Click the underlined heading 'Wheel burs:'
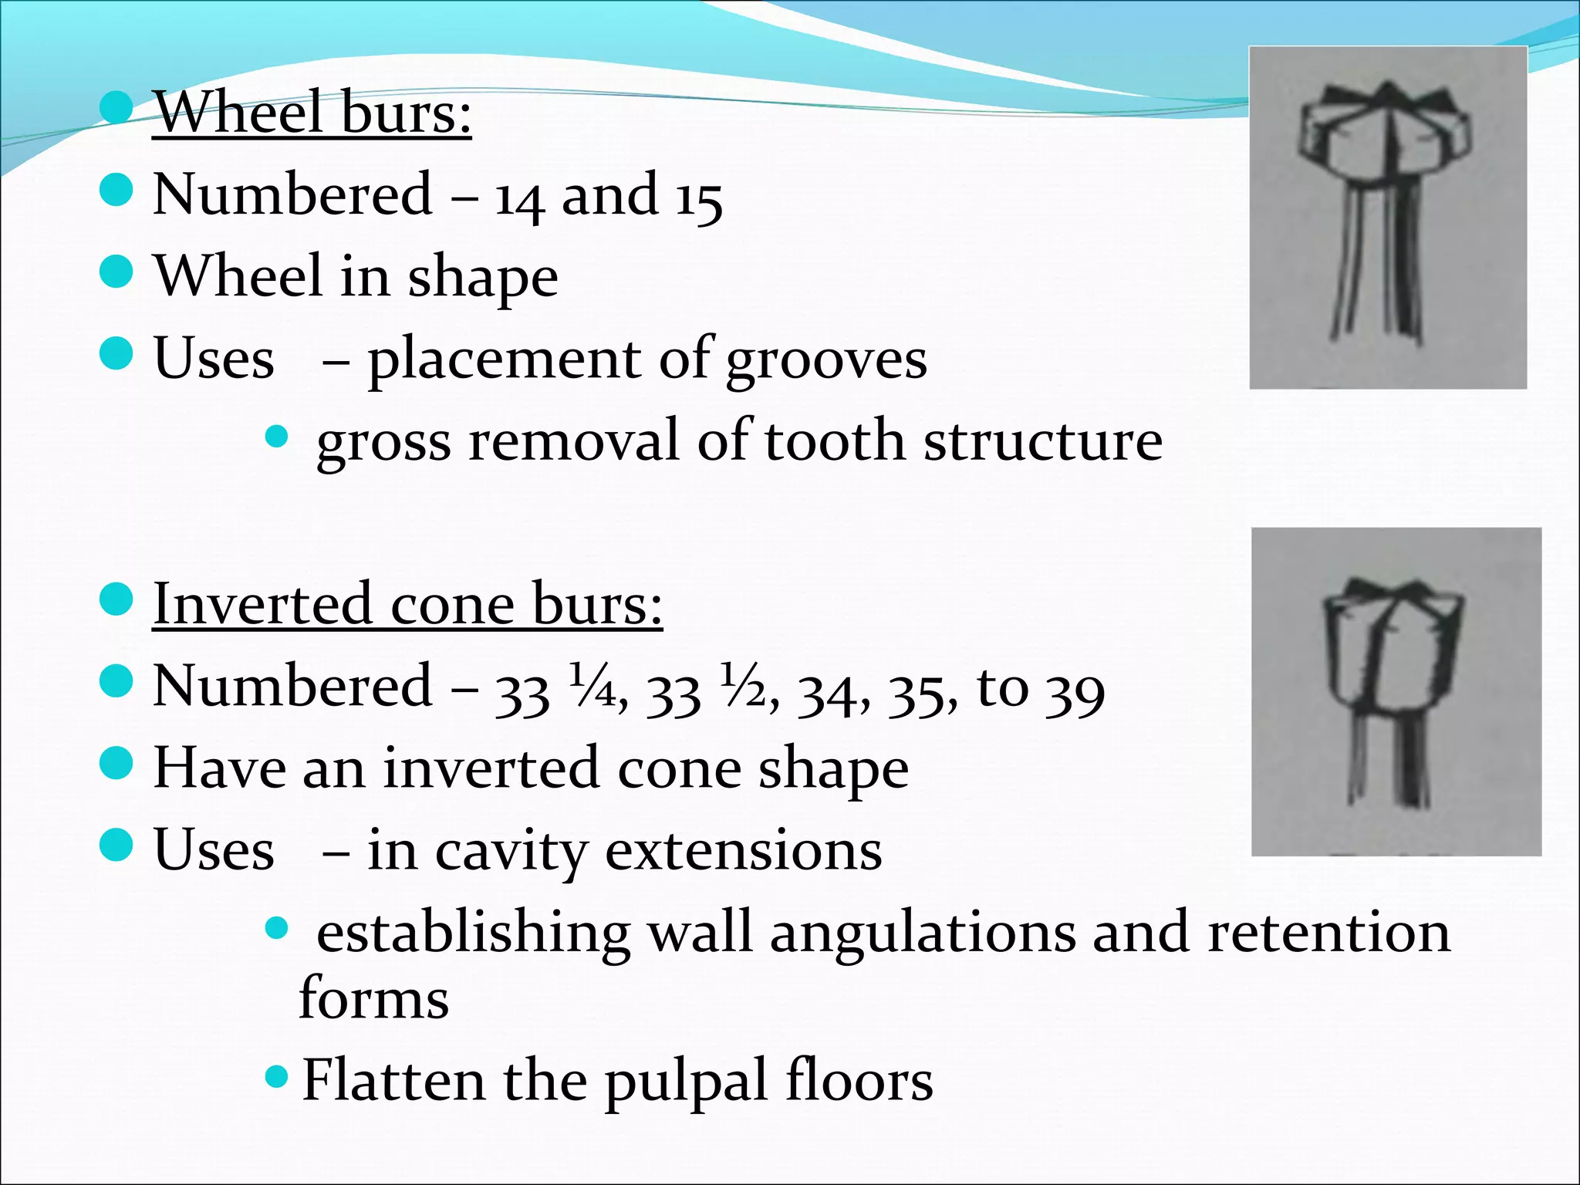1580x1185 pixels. pos(312,113)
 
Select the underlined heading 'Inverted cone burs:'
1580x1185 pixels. pos(407,604)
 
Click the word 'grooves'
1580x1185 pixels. pos(826,361)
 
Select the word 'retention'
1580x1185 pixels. pos(1328,932)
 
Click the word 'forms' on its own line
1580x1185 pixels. pos(374,999)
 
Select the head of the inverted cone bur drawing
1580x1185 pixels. pos(1393,648)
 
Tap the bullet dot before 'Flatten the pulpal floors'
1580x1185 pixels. pos(276,1075)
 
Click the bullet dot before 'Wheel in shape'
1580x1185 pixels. pos(116,272)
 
